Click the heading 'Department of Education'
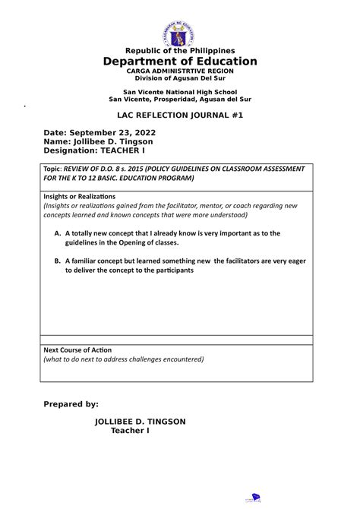(x=180, y=61)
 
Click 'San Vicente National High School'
(x=180, y=91)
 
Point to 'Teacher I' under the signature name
(x=131, y=431)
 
